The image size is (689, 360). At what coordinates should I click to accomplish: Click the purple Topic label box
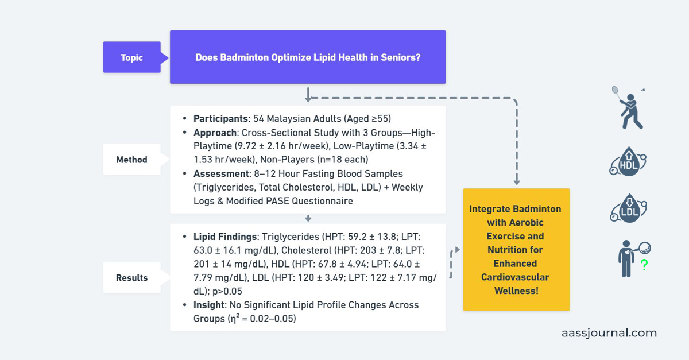tap(132, 57)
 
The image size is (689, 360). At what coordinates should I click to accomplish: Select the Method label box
tap(131, 160)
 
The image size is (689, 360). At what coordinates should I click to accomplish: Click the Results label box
tap(131, 277)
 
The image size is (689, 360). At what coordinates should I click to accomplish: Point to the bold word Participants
tap(220, 119)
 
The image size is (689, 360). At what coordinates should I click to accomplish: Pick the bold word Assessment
tap(221, 173)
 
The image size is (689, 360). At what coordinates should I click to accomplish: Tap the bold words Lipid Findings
tap(225, 237)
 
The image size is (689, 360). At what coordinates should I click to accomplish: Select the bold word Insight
tap(208, 305)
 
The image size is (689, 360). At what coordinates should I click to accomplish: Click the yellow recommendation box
tap(516, 250)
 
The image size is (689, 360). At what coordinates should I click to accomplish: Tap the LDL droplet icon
tap(628, 209)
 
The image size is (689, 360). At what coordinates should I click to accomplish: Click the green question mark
tap(644, 265)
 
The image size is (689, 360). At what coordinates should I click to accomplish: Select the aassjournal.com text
tap(609, 333)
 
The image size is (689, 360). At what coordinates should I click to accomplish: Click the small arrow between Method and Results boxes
tap(308, 218)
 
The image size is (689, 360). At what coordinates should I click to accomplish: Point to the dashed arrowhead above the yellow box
tap(516, 181)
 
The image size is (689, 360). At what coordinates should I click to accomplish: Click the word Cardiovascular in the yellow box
tap(516, 277)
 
